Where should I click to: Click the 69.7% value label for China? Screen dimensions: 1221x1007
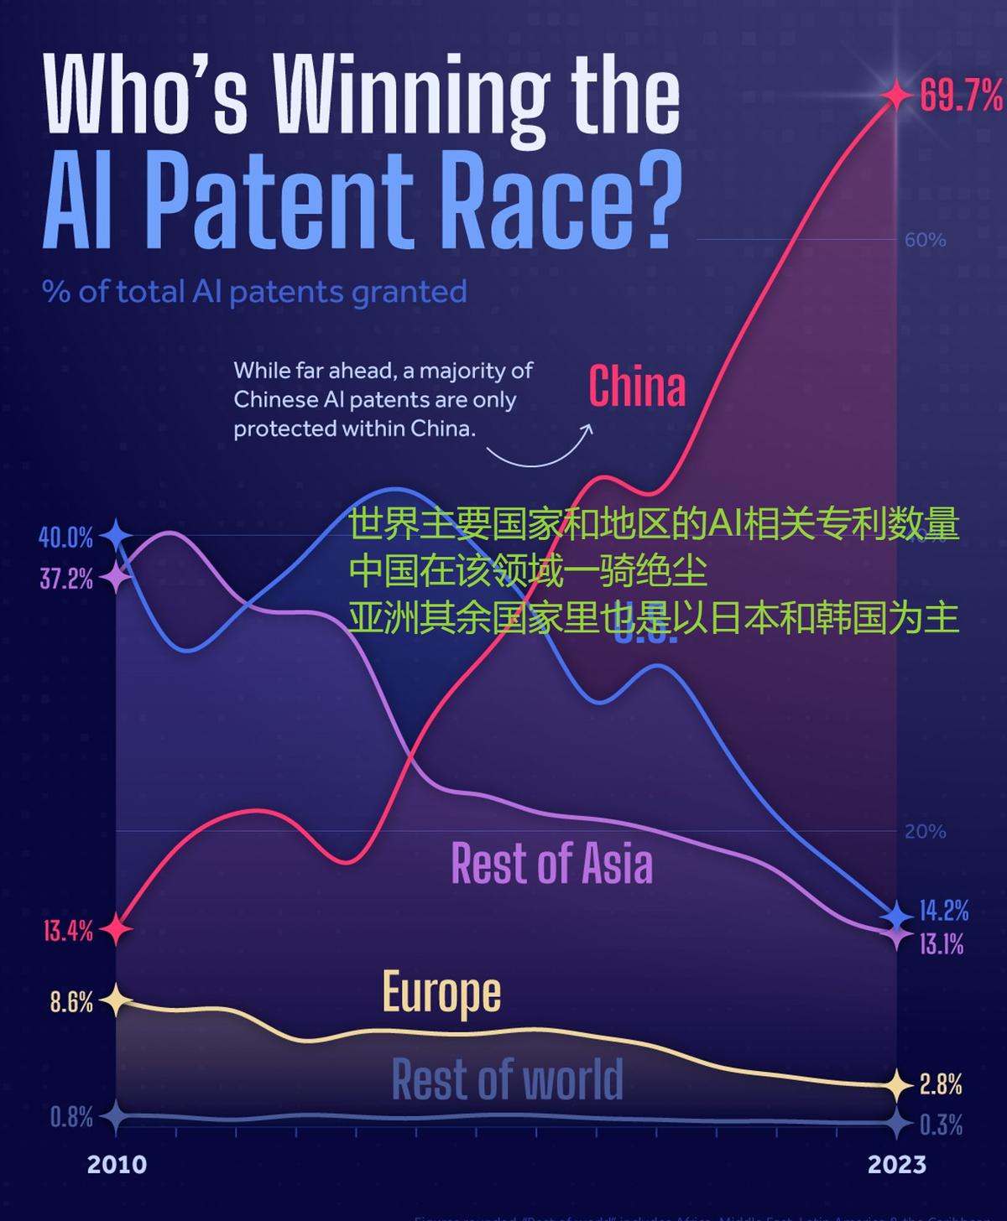(961, 96)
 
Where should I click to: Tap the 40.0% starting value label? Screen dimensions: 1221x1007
(65, 537)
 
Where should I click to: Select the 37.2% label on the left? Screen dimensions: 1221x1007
(66, 579)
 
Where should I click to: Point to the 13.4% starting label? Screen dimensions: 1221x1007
(68, 931)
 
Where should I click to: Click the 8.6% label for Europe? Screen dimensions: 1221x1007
(71, 1002)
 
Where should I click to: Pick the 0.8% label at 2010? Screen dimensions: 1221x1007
(71, 1117)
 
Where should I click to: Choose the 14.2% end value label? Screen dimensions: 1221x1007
(944, 911)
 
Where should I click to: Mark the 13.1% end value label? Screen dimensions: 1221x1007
(942, 944)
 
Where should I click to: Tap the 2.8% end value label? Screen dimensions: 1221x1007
(941, 1085)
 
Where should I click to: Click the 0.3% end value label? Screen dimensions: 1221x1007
(941, 1125)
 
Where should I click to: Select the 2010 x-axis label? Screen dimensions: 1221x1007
(117, 1164)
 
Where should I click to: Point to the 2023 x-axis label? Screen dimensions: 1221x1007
(896, 1164)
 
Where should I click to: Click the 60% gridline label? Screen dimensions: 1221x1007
(925, 240)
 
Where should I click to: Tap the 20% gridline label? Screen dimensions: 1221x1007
(925, 831)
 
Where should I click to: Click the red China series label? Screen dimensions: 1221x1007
(637, 387)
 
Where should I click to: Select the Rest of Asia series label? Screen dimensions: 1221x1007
(551, 863)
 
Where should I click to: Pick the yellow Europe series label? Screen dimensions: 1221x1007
(441, 993)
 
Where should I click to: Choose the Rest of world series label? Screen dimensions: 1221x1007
(507, 1079)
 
